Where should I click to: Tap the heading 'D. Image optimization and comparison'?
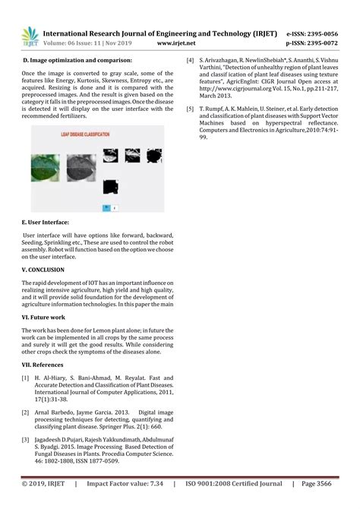(77, 59)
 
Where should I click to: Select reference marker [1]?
(26, 378)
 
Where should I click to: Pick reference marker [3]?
(26, 440)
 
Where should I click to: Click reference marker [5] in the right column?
(190, 109)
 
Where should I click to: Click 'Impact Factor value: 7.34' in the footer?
(125, 483)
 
